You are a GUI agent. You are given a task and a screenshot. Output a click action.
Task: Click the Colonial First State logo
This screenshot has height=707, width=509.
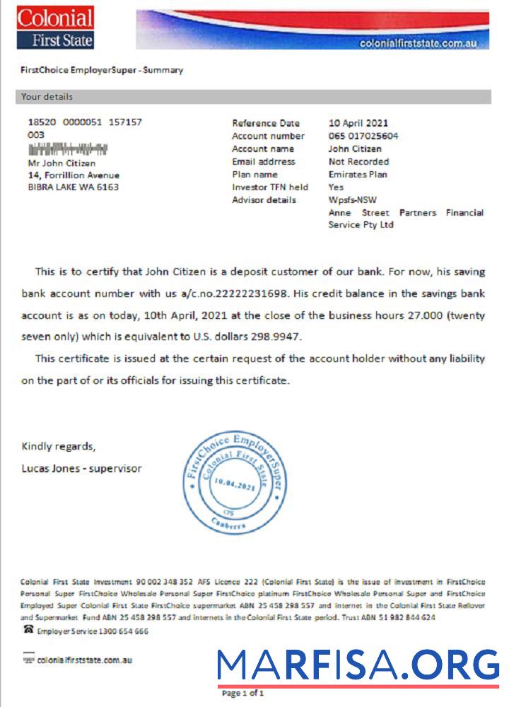(55, 28)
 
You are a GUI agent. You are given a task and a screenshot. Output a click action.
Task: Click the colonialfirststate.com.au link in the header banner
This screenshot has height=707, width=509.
(419, 43)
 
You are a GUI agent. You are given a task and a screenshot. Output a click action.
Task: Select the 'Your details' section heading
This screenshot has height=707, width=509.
(47, 97)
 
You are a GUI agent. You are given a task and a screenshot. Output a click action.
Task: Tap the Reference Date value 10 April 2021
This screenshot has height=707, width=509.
(358, 123)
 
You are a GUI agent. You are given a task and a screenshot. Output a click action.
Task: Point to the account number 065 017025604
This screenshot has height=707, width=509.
(363, 136)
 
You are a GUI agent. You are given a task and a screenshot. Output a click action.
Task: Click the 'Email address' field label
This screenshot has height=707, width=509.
(264, 161)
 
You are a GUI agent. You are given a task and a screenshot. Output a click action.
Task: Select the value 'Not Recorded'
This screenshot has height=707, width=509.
(358, 161)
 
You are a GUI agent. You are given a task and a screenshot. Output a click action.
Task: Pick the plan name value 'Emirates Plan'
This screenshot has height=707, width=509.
(358, 174)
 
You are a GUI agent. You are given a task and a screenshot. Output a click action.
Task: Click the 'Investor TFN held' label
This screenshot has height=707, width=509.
(270, 187)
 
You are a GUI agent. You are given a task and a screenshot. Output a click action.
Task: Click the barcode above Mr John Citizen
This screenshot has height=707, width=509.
(68, 149)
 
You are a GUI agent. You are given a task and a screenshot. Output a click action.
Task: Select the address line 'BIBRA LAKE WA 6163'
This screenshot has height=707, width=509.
(73, 187)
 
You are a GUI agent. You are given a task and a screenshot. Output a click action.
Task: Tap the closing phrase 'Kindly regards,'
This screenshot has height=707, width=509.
(58, 446)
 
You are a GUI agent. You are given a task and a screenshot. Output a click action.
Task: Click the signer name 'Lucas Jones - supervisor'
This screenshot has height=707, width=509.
(81, 468)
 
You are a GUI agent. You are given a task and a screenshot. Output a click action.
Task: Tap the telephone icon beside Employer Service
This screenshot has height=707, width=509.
(28, 629)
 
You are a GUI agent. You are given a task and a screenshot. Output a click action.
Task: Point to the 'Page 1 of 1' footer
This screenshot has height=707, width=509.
(242, 694)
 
